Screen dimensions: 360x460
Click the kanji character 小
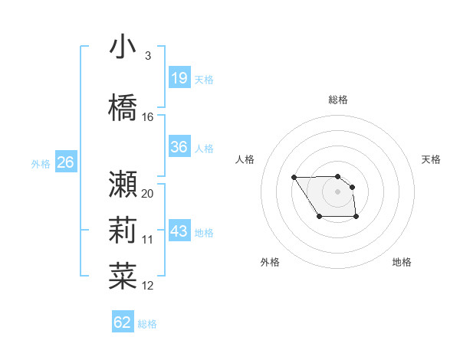[123, 47]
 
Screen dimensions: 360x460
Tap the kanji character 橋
[123, 108]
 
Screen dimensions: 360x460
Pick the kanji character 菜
[123, 275]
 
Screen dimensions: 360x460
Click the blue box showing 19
[179, 78]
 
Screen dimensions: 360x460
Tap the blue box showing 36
[179, 147]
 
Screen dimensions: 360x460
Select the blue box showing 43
[179, 231]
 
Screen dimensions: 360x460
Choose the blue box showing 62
[123, 322]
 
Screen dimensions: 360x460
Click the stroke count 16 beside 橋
[148, 117]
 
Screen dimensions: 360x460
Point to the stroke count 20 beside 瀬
[148, 193]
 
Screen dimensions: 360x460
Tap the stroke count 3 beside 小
[148, 56]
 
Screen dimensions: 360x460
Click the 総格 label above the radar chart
[338, 100]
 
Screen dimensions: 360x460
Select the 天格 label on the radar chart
[431, 159]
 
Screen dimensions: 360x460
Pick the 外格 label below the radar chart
[270, 262]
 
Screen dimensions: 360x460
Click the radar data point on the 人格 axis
[294, 178]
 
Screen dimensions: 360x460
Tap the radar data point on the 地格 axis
[356, 218]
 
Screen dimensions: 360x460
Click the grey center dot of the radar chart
[337, 191]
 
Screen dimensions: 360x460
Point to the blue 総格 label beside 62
[147, 324]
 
